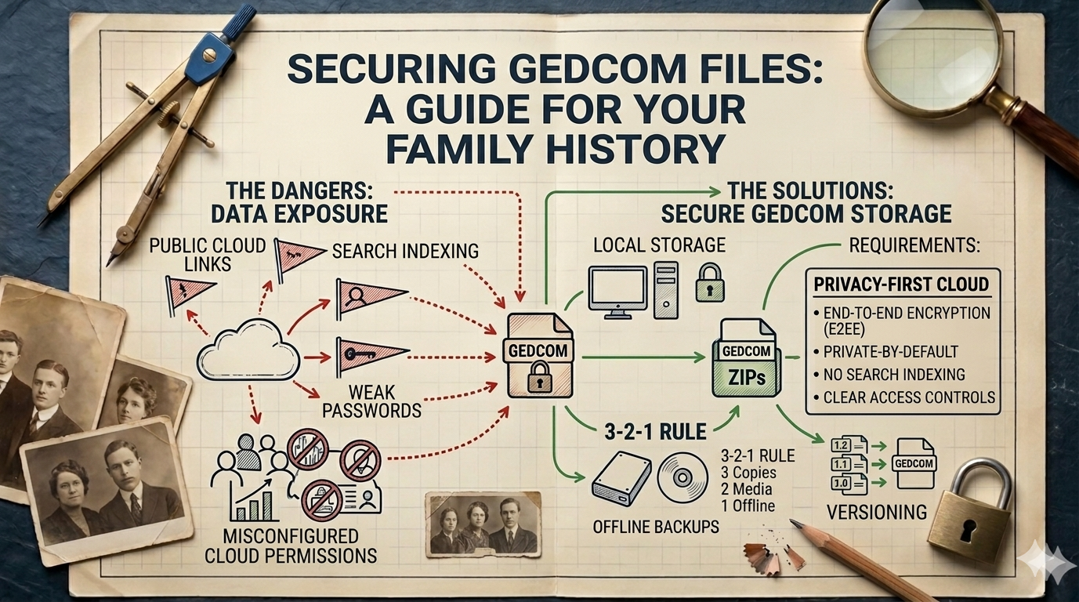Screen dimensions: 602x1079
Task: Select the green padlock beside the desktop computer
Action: pos(710,282)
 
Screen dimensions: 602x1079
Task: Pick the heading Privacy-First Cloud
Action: pos(901,283)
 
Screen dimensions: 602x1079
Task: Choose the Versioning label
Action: pos(877,513)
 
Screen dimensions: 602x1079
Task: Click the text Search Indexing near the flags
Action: pos(405,251)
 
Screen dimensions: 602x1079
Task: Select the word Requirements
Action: pos(914,246)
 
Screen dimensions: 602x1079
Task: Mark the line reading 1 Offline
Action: pos(748,506)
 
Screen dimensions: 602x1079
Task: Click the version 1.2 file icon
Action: pos(841,445)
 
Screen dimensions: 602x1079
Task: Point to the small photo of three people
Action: pos(483,524)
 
